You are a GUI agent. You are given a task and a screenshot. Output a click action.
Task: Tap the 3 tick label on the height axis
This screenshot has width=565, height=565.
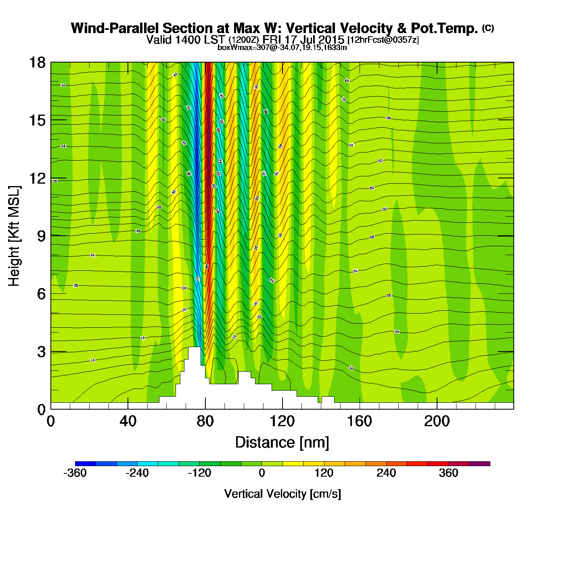point(41,352)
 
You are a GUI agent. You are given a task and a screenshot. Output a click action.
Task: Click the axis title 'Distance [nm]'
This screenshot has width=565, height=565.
point(282,443)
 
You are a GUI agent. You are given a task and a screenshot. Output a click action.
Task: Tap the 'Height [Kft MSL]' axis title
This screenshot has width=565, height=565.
point(14,236)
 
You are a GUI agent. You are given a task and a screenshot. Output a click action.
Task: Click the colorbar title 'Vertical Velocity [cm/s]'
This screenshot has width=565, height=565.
point(282,494)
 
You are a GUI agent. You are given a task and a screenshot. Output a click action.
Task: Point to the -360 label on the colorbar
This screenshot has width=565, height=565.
point(75,473)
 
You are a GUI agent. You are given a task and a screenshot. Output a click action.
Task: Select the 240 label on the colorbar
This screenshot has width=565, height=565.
point(386,473)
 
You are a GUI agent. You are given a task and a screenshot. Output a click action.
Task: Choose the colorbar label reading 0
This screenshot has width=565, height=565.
point(262,473)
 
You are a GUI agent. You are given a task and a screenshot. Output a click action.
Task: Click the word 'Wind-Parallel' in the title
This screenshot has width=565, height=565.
point(115,29)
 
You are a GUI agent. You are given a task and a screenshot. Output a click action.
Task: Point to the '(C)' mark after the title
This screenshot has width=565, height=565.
point(488,28)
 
